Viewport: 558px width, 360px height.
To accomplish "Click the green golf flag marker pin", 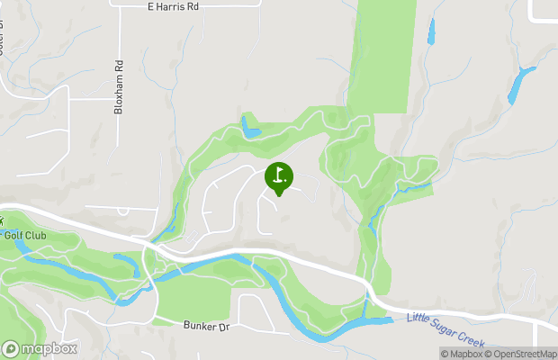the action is pos(279,176).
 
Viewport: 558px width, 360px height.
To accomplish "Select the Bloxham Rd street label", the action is pos(118,87).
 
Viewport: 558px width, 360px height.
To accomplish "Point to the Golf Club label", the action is pos(24,236).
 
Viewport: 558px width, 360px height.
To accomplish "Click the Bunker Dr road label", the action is pos(207,326).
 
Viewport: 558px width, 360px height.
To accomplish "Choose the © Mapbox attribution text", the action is pos(461,353).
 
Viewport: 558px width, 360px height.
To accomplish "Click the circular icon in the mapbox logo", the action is pos(11,348).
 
